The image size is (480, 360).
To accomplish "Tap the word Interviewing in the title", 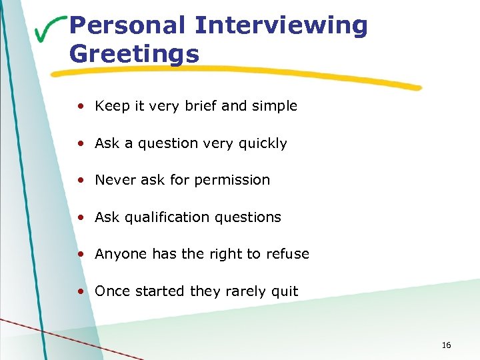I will click(x=281, y=25).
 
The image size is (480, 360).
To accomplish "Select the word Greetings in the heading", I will click(x=134, y=53).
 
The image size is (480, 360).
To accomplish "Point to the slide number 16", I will click(x=446, y=345).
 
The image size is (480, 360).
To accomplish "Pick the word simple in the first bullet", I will click(x=275, y=106).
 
